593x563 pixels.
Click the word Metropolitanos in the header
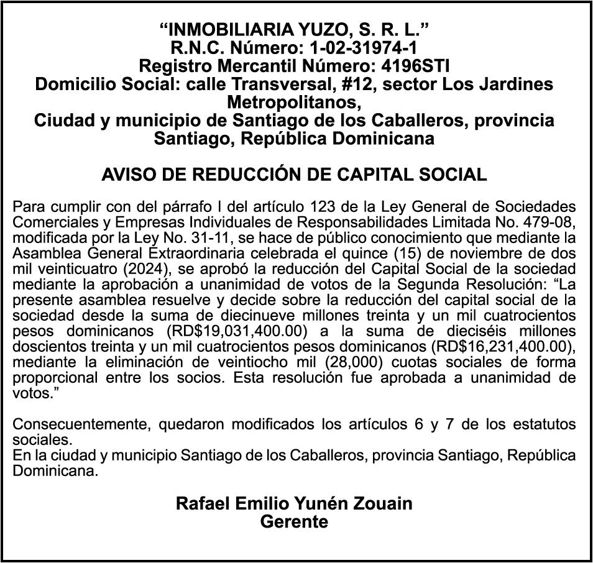coord(294,101)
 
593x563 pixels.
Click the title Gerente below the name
coord(294,521)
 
